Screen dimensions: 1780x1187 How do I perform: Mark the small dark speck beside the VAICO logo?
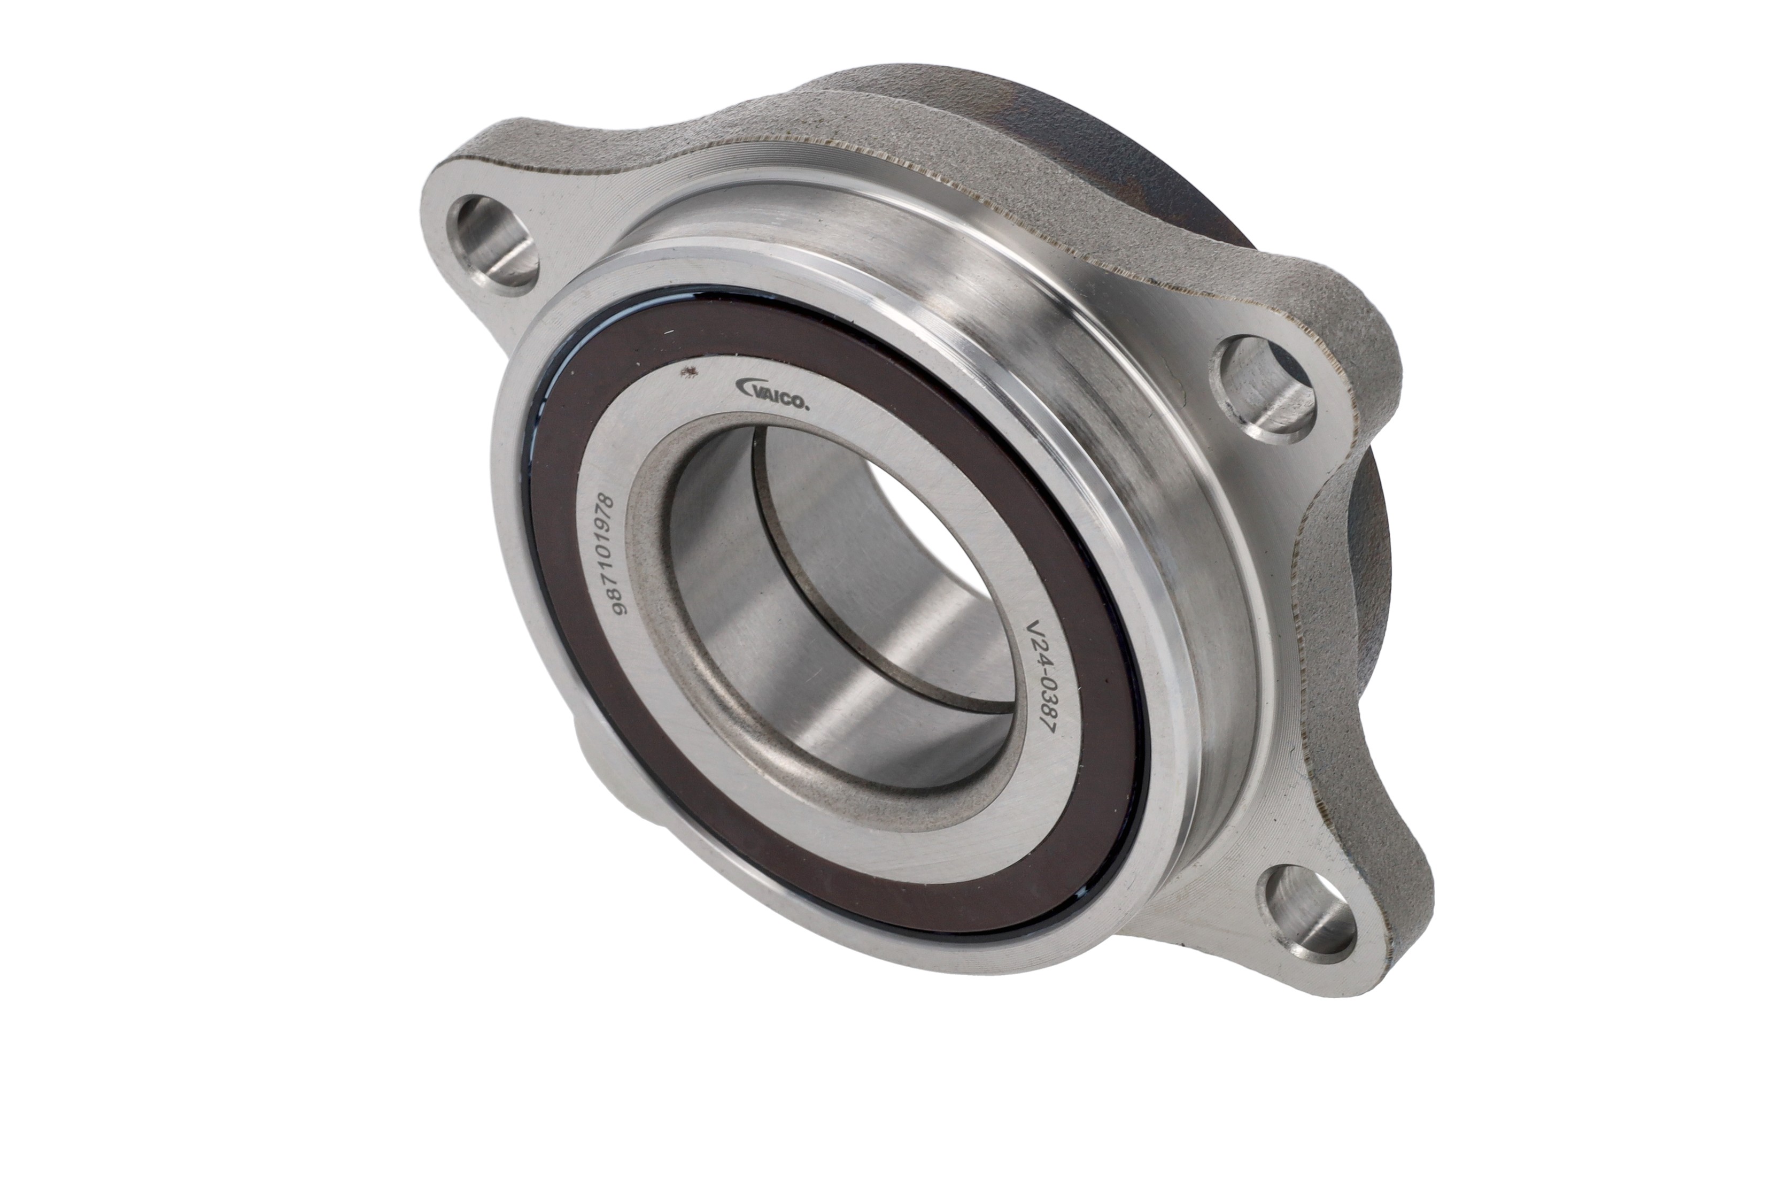click(x=688, y=371)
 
